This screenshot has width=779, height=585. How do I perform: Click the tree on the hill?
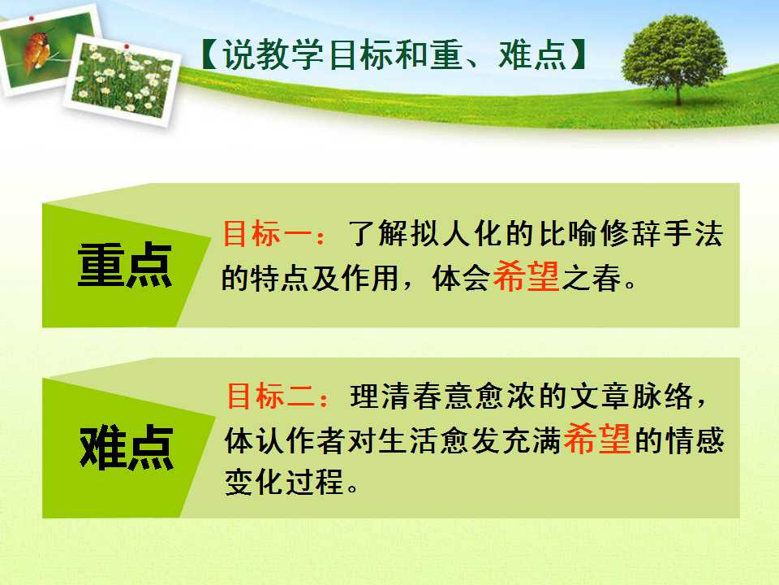[674, 58]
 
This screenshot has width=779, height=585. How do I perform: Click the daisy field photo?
[122, 80]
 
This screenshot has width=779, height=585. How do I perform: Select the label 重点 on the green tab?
[125, 265]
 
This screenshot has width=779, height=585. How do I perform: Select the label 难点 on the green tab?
[127, 448]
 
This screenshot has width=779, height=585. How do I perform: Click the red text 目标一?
[267, 233]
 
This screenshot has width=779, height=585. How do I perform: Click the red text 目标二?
[271, 396]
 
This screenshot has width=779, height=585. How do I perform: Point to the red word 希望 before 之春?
[526, 275]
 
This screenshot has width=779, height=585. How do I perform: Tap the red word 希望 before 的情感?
[597, 438]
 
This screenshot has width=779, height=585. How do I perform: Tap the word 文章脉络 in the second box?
[631, 396]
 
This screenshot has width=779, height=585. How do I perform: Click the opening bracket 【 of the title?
[209, 54]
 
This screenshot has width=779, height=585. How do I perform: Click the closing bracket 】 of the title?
[578, 54]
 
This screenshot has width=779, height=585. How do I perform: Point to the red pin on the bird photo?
[32, 19]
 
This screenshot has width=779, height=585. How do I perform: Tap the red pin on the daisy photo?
[127, 46]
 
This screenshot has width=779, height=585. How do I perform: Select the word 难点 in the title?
[532, 54]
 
